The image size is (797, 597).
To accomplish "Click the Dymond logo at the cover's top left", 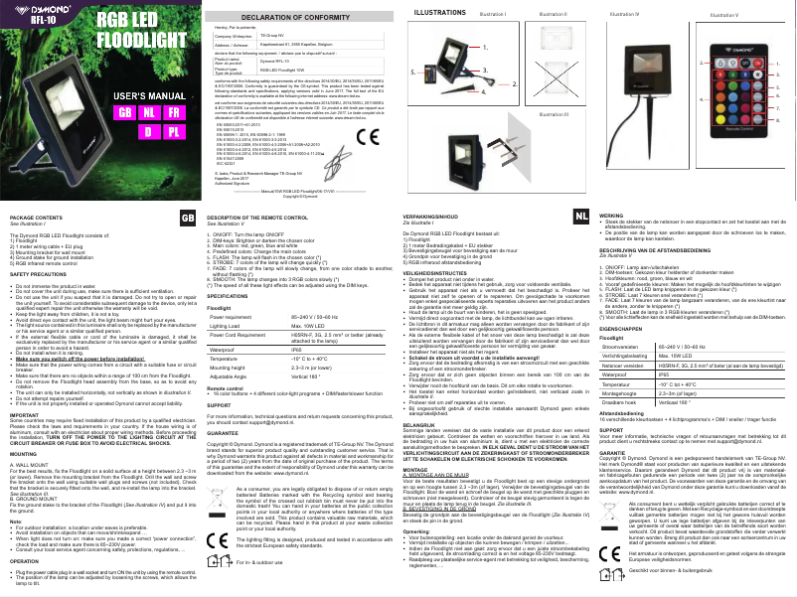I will (x=30, y=12).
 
